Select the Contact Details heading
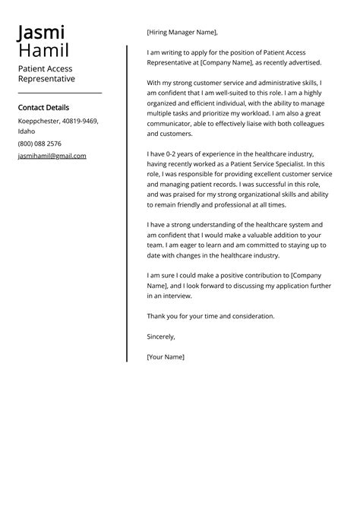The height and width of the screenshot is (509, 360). coord(43,108)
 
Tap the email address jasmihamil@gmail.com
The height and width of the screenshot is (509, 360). coord(52,156)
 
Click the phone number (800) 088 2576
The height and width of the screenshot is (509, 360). coord(39,144)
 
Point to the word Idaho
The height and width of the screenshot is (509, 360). coord(27,131)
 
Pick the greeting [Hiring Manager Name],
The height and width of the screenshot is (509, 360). coord(182,33)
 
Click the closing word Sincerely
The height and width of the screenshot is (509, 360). coord(161,336)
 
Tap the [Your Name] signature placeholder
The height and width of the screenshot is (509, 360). coord(166,356)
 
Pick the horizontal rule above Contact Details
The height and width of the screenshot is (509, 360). coord(59,92)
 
